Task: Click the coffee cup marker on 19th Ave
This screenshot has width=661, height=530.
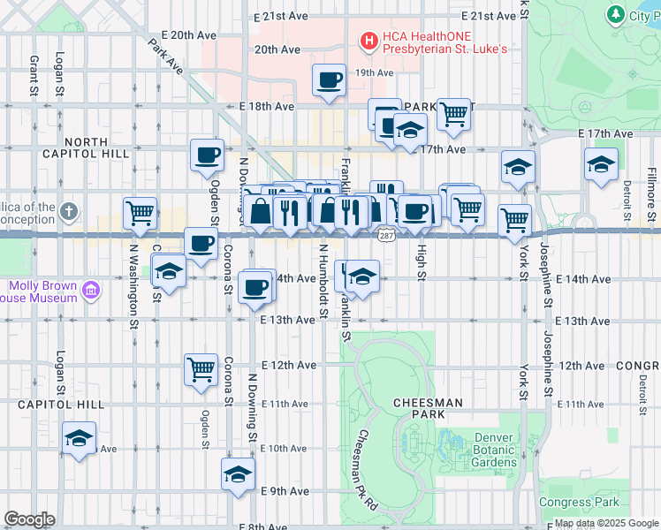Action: click(x=329, y=80)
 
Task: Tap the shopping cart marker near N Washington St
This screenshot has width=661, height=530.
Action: click(x=140, y=213)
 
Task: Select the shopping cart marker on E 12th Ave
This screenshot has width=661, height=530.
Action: click(x=201, y=369)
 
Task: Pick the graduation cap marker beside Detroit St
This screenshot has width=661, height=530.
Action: click(x=601, y=164)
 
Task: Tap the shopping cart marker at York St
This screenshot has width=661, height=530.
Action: click(x=514, y=220)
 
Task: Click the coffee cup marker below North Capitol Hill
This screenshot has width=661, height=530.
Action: click(x=207, y=155)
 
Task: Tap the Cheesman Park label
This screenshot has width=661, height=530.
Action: click(x=428, y=402)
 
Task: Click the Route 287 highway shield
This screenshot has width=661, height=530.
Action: click(x=386, y=235)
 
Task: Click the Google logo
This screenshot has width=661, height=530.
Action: click(x=29, y=519)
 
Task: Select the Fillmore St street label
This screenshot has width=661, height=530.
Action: click(x=650, y=189)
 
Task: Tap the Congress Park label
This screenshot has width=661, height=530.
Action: click(x=579, y=503)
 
